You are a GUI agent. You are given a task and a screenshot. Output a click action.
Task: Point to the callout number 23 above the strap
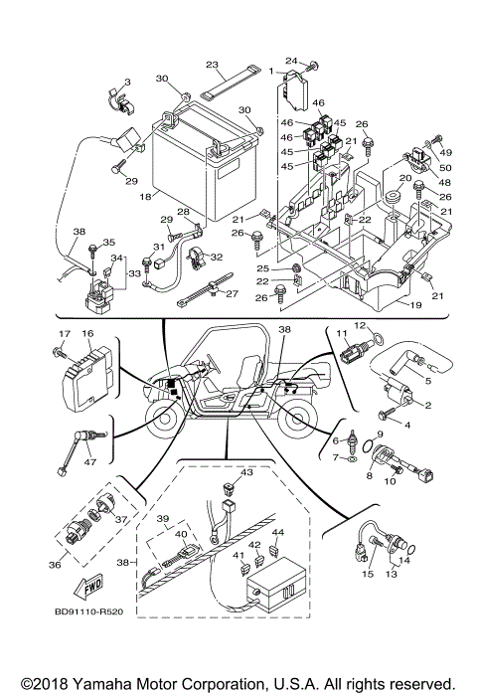click(x=211, y=63)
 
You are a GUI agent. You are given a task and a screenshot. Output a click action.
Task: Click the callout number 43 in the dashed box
click(x=247, y=472)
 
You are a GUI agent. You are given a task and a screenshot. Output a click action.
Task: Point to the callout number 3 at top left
click(x=127, y=81)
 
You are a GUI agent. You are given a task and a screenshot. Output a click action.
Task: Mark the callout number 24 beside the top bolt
click(x=292, y=61)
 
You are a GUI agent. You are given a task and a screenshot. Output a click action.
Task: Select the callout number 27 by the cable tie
click(x=233, y=293)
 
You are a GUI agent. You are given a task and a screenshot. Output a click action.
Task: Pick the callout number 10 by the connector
click(x=390, y=480)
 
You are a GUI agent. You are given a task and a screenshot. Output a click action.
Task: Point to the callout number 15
click(x=367, y=575)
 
